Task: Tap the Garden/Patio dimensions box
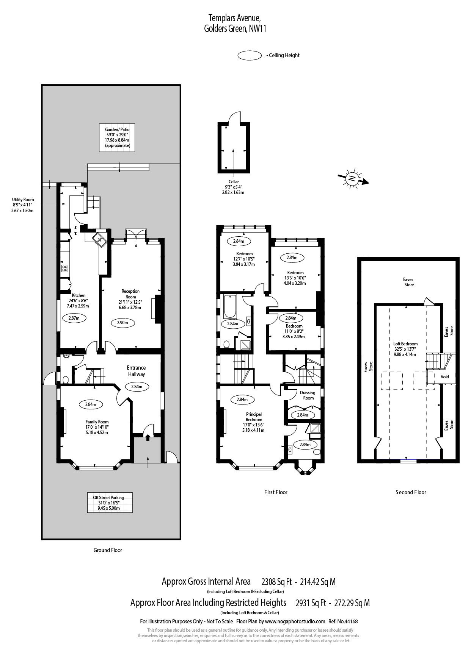coord(117,138)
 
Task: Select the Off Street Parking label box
coord(108,503)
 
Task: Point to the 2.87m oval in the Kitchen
coord(74,318)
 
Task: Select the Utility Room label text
coord(23,205)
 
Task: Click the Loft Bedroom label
coord(405,349)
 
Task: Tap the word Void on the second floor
coord(444,376)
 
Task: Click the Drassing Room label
coord(308,395)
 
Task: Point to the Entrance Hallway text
coord(136,371)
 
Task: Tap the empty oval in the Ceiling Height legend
coord(249,55)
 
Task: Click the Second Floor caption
coord(411,492)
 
